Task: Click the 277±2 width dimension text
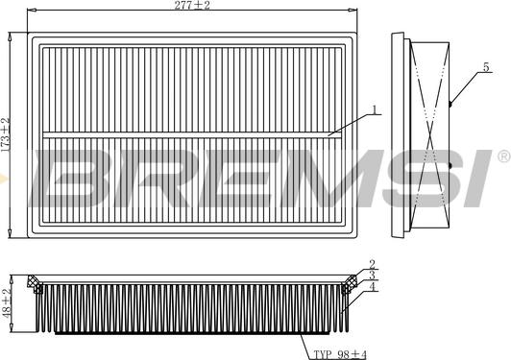pos(191,7)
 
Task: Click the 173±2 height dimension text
pos(6,133)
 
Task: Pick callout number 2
pos(372,264)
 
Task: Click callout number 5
pos(486,66)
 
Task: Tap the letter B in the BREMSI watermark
pos(72,179)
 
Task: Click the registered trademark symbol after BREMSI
pos(501,156)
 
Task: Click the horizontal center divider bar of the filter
pos(191,133)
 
